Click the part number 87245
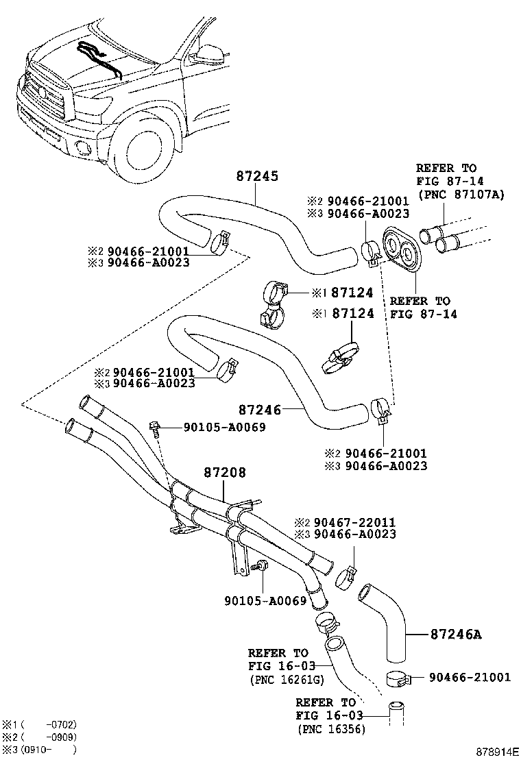(x=257, y=176)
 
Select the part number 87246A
(x=456, y=635)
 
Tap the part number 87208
(x=224, y=473)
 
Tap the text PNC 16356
(x=331, y=729)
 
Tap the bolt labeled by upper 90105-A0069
(x=155, y=429)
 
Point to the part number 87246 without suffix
(x=260, y=410)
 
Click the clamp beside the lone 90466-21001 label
(x=396, y=678)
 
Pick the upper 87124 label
(x=352, y=293)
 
